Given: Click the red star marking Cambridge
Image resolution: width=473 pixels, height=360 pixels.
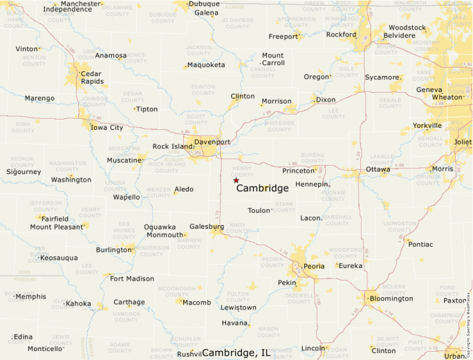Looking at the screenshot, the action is coord(236,180).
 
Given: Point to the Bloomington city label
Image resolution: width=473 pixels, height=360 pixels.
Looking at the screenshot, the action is coord(391,299).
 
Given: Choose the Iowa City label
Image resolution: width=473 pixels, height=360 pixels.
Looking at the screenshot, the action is coord(107,127).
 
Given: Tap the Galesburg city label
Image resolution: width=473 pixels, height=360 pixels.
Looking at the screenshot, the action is coord(206,226).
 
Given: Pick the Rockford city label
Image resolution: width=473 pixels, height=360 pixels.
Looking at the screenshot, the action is coord(341,34).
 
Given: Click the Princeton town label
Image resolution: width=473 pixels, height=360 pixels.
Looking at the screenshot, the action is coord(298,170).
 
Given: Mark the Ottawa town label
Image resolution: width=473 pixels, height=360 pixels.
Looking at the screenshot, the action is coord(378,169).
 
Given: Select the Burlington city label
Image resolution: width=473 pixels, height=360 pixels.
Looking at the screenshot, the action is coord(113,249).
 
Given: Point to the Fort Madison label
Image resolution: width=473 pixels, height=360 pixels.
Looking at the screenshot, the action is coord(132,278).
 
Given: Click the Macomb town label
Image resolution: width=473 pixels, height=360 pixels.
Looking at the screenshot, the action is coord(197,302).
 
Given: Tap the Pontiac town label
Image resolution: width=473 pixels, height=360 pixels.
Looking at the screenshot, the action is coord(420,244).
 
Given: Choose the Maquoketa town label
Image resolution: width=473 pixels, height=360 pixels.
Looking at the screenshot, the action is coord(206,65).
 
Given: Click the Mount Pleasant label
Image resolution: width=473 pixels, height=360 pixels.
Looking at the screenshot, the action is coord(56,227).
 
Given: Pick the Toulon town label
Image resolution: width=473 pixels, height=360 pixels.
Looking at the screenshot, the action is coord(259,210).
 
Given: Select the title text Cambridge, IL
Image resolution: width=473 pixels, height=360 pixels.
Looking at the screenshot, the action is coord(236,352).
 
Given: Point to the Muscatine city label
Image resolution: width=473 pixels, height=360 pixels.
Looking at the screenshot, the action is coord(124,160).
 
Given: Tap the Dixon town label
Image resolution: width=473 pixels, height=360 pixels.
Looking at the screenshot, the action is coord(325,100).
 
